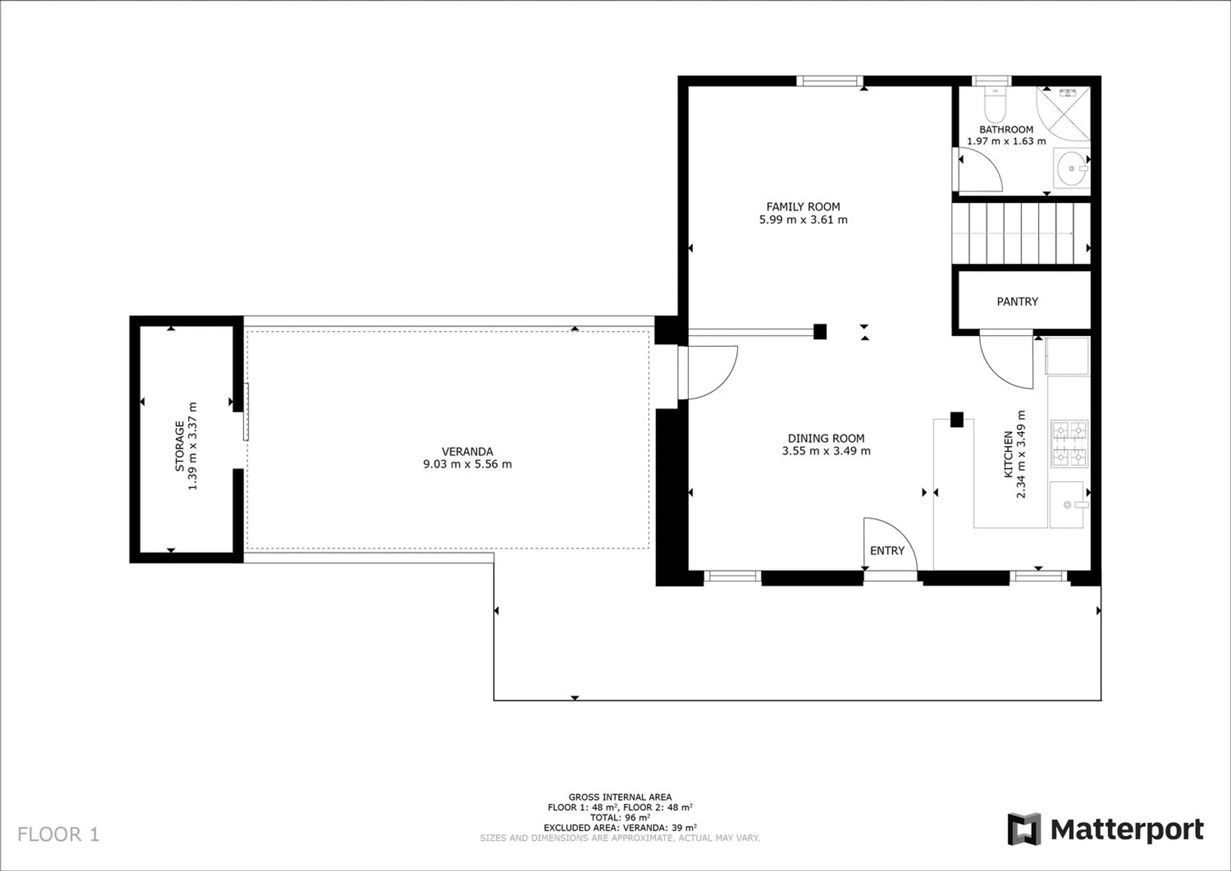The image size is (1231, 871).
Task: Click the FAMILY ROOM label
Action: pos(803,207)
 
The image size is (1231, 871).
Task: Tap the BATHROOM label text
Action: pos(1006,129)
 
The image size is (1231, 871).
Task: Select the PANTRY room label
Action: pos(1017,301)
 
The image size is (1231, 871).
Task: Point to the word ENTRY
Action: pos(887,550)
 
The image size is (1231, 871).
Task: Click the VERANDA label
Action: pos(467,451)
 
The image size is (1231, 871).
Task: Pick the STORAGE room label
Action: pos(180,446)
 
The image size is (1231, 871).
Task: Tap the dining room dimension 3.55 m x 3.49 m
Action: pos(826,451)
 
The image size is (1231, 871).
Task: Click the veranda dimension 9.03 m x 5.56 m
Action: pos(467,464)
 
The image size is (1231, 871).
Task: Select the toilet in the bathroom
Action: pos(995,105)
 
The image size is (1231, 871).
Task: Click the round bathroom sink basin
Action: pos(1068,169)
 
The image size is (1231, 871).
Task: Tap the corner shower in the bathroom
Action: pos(1063,113)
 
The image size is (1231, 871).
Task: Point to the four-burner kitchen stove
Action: pos(1069,444)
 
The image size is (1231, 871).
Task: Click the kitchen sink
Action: pos(1067,505)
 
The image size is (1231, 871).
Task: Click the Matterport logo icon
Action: pos(1024,829)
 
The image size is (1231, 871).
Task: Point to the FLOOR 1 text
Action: pos(58,834)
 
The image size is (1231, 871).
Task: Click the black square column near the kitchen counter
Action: pos(956,419)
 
